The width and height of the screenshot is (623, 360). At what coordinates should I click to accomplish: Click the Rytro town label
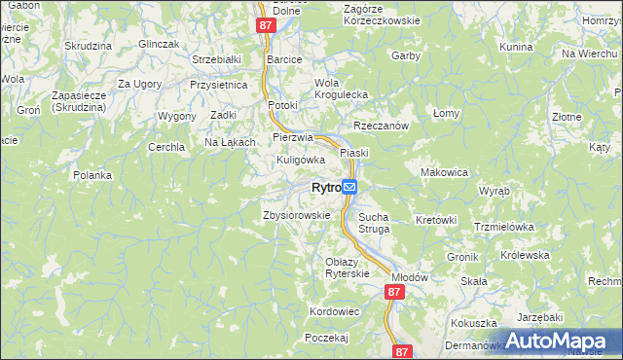coord(325,188)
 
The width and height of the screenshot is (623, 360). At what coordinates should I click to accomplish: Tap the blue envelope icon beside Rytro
coord(349,187)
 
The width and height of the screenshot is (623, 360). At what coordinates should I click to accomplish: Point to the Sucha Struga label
coord(374,223)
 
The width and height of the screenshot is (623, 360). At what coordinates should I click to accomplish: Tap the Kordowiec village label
coord(334,310)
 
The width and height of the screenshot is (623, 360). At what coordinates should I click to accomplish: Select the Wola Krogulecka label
coord(340,89)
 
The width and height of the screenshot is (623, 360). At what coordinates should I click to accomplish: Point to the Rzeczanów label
coord(380,126)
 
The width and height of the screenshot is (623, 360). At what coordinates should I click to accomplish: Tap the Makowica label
coord(444,171)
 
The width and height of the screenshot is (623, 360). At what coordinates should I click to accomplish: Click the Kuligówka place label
coord(300,159)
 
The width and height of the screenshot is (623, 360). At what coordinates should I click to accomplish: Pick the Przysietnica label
coord(219,85)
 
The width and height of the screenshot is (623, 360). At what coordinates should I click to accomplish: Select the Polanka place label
coord(92,175)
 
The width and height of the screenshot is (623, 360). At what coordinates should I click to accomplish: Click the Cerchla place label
coord(165,147)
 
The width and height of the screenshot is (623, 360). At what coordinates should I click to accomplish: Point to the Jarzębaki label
coord(540,317)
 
